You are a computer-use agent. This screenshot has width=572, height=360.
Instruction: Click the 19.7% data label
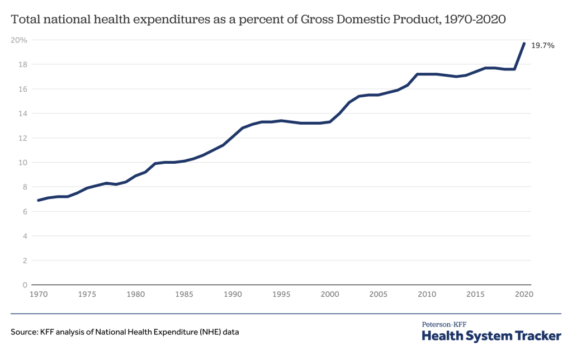coord(543,46)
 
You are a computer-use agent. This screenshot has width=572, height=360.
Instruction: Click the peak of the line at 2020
coord(524,43)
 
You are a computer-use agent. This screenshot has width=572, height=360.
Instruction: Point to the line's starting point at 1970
coord(38,200)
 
